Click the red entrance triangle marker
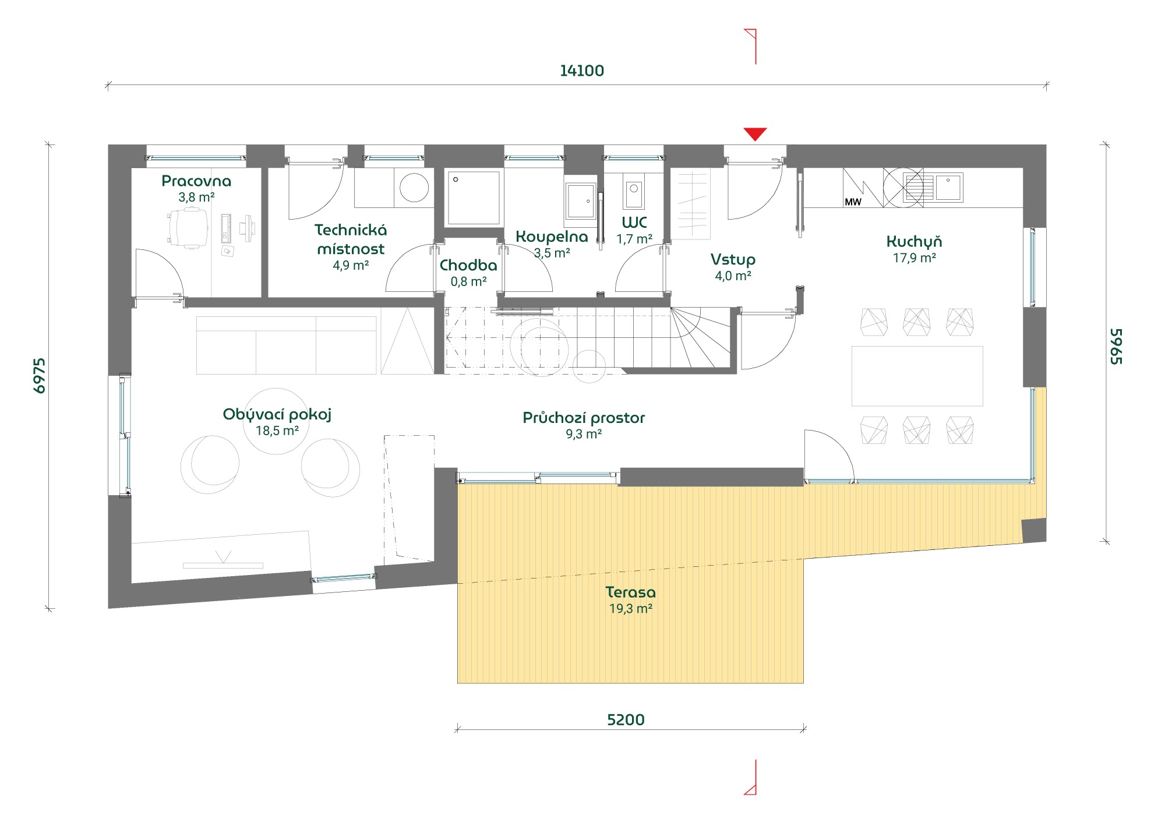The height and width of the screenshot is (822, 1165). pos(755,133)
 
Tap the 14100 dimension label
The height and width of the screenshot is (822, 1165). pos(582,71)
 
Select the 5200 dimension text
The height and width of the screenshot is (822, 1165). pos(626,720)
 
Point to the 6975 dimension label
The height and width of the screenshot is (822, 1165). pos(40,376)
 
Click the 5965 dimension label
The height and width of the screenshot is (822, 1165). pos(1116,347)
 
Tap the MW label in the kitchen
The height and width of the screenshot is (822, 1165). pos(853,202)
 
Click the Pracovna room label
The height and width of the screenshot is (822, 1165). pos(196,181)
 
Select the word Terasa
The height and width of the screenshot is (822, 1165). pos(630,592)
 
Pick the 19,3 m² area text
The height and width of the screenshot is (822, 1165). pos(630,609)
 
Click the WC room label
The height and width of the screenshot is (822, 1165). pos(634,223)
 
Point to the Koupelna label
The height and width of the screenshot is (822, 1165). pos(552,237)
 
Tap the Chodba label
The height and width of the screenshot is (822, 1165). pos(468,266)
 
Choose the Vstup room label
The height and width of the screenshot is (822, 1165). pos(733,260)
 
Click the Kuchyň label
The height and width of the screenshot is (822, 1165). pos(914,241)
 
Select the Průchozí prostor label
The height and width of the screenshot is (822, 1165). pos(584,418)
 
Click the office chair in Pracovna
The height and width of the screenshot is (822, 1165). pos(188,228)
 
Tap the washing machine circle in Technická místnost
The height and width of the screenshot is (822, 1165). pos(414,188)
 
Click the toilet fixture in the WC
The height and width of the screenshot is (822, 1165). pos(634,190)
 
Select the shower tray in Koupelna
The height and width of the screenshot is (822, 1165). pos(474,198)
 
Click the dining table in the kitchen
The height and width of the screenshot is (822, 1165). pos(917,376)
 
